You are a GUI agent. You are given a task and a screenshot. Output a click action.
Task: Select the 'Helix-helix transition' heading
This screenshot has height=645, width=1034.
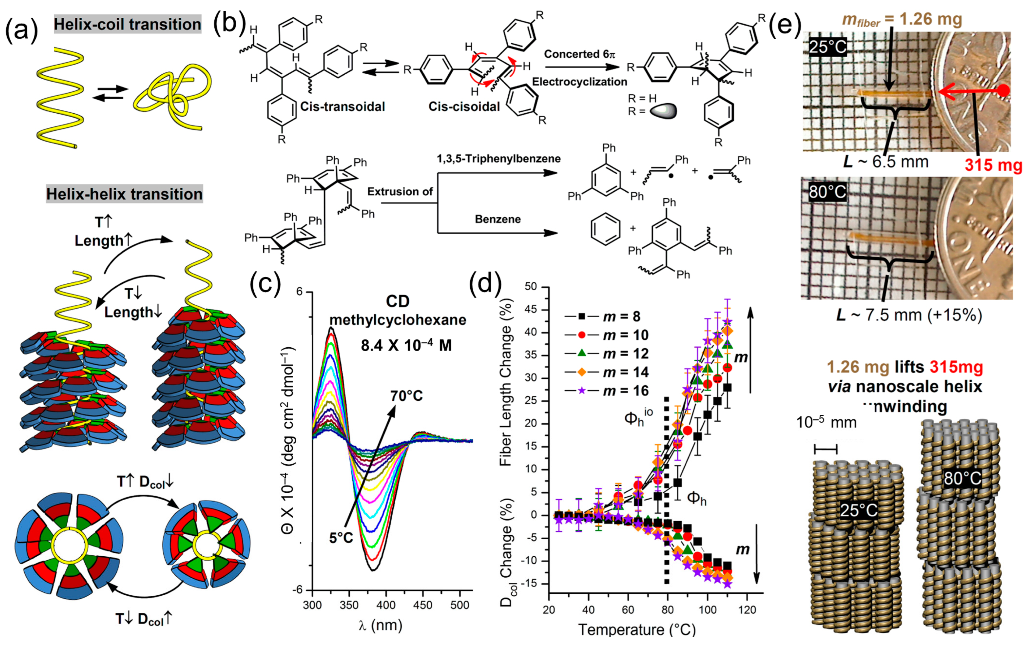124,194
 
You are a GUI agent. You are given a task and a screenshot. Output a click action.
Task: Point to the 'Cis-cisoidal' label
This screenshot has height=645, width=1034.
464,106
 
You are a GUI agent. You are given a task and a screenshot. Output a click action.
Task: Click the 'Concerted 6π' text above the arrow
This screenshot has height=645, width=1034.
578,54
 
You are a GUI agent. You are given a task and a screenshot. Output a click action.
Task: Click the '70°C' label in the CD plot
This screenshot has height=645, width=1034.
406,396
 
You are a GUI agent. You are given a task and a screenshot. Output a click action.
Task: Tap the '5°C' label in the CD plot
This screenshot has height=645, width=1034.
341,538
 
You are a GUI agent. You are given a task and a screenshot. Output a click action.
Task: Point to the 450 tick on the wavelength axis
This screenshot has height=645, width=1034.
422,606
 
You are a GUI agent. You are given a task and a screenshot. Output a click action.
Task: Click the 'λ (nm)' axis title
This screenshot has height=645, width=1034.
381,626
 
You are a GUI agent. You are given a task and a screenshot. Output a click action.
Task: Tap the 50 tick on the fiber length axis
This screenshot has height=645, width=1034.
533,287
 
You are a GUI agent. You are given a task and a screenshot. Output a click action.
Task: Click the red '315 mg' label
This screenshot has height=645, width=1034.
993,165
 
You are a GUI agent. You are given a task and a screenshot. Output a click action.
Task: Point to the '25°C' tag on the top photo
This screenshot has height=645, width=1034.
827,46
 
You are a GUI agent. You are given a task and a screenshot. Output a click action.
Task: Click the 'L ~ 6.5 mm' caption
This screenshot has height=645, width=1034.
886,162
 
